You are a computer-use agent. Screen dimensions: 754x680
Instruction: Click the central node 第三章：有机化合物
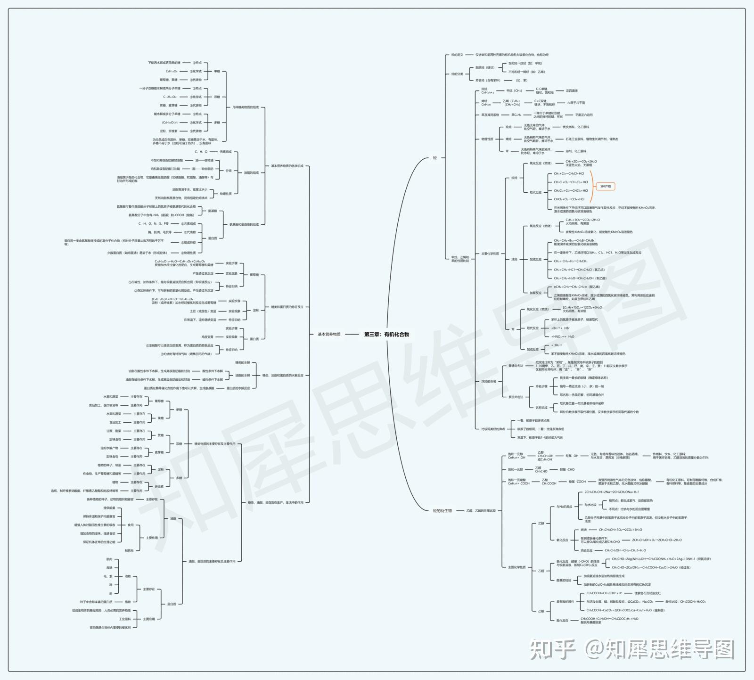[386, 334]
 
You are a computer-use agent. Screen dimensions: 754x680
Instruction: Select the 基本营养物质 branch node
[329, 334]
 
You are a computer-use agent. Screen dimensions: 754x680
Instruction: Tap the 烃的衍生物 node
[442, 510]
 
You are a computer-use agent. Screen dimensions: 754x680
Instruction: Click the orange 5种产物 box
[606, 186]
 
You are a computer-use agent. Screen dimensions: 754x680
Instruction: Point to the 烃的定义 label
[457, 55]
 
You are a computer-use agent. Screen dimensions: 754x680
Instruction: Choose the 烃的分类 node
[457, 74]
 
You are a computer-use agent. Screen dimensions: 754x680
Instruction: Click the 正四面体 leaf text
[572, 90]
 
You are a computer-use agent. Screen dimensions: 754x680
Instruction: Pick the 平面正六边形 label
[584, 115]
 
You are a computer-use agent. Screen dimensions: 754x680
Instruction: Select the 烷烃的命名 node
[489, 381]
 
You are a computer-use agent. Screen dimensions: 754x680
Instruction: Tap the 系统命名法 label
[516, 397]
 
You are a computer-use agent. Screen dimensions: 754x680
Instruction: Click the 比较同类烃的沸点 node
[493, 429]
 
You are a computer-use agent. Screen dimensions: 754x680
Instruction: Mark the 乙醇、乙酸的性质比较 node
[481, 510]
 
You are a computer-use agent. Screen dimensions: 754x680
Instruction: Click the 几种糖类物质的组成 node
[246, 107]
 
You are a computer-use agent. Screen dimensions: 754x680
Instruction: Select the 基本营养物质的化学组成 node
[287, 166]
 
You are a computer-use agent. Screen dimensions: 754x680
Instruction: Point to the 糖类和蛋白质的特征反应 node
[287, 307]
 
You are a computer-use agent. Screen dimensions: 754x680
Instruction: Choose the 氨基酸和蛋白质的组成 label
[244, 224]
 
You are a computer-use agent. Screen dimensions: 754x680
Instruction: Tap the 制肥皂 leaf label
[129, 550]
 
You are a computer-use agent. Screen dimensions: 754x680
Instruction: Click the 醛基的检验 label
[564, 580]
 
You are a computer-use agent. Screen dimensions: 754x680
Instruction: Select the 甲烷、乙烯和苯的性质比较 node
[460, 258]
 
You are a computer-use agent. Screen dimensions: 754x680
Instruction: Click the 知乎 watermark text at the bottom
[553, 650]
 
